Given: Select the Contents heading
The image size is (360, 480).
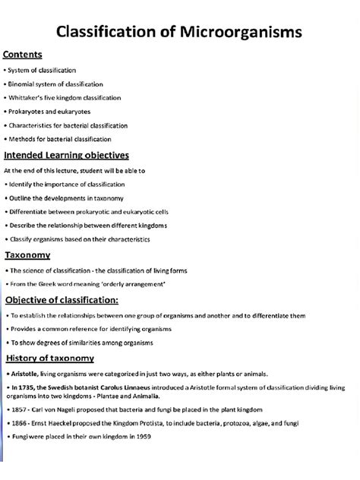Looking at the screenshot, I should (23, 55).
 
